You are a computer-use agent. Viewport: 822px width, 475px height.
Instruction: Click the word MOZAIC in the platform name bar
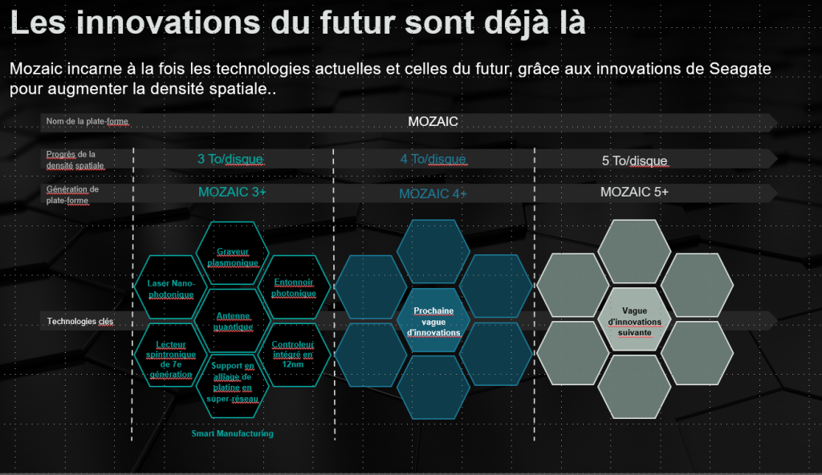pos(433,122)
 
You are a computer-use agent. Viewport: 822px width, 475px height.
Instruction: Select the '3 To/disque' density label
pos(230,159)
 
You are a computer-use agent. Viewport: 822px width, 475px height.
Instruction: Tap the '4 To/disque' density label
pos(433,159)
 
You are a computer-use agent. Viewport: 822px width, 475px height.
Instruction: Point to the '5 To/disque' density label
pos(634,160)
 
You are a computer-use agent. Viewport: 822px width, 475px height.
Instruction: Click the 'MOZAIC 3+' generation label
pos(232,193)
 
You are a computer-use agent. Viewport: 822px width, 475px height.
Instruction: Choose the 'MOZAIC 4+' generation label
pos(433,194)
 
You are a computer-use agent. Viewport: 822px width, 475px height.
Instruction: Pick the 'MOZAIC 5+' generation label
pos(634,193)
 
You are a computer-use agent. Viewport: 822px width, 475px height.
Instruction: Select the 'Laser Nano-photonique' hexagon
pos(171,289)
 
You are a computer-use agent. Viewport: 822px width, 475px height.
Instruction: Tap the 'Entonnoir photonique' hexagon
pos(294,288)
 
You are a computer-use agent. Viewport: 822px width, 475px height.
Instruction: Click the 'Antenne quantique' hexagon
pos(233,321)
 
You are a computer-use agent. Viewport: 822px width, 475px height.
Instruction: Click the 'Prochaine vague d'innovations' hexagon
pos(433,321)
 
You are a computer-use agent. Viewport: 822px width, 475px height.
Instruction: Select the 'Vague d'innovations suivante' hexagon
pos(634,321)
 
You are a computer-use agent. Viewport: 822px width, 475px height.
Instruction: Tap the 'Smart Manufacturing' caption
pos(232,433)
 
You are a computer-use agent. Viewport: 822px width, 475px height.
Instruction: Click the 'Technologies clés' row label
pos(79,322)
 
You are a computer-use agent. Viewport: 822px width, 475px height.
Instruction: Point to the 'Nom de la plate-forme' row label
pos(87,122)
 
